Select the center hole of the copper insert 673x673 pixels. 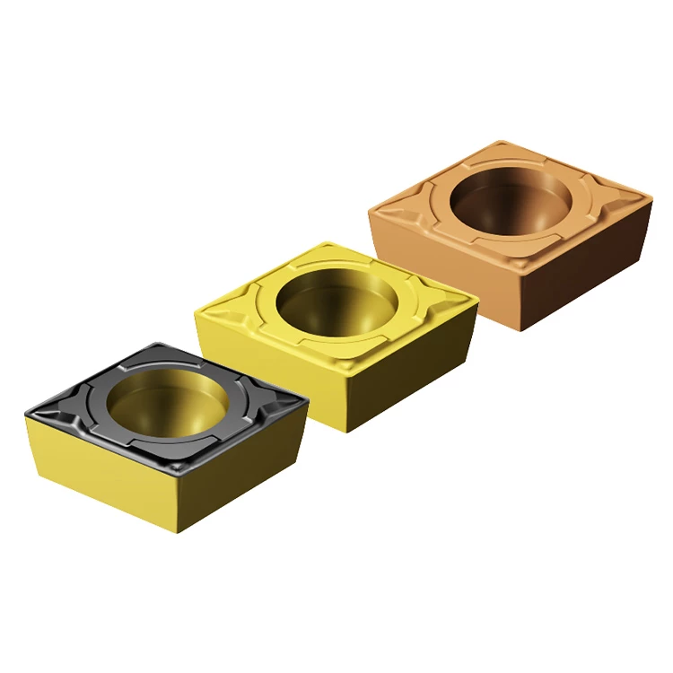(510, 201)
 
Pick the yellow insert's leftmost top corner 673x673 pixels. (197, 311)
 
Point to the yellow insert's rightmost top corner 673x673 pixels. (477, 300)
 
